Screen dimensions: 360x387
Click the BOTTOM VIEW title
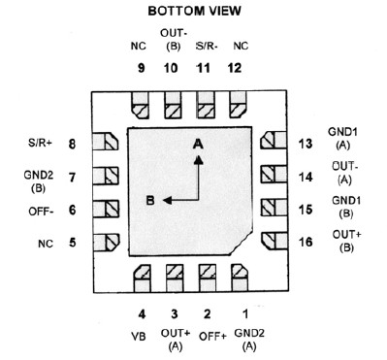pyautogui.click(x=195, y=13)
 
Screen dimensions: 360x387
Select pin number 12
pyautogui.click(x=241, y=68)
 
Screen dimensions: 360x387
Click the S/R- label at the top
pyautogui.click(x=206, y=45)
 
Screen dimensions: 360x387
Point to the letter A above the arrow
pyautogui.click(x=198, y=144)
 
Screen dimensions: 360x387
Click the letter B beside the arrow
pyautogui.click(x=151, y=201)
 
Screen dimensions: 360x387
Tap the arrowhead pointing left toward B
pyautogui.click(x=167, y=201)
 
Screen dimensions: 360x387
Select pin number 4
pyautogui.click(x=142, y=313)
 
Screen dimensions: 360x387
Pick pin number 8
pyautogui.click(x=72, y=145)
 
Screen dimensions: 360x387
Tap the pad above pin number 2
pyautogui.click(x=206, y=276)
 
